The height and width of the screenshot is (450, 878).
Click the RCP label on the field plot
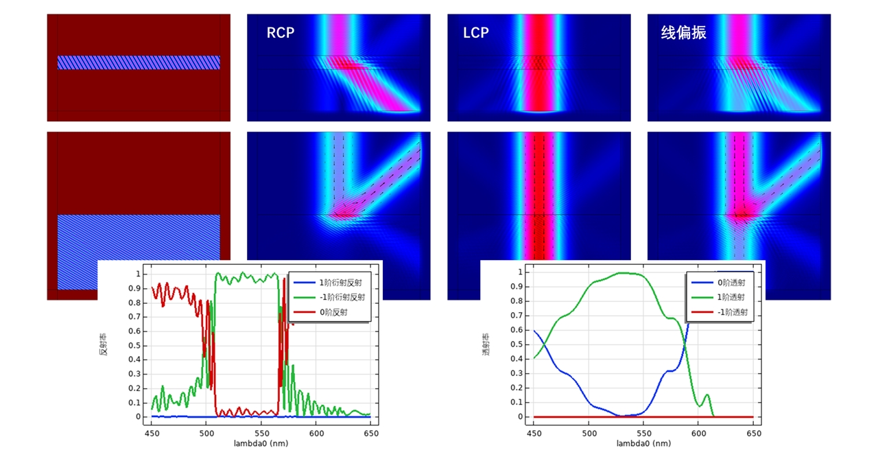(280, 33)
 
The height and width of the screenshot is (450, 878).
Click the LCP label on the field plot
(476, 33)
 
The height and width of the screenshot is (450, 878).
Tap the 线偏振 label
(683, 33)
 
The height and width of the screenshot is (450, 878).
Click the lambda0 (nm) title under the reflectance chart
(261, 443)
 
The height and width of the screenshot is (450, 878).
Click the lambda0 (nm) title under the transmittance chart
(643, 443)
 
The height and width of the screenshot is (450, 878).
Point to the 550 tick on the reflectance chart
(261, 433)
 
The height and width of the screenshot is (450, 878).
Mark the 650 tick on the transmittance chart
(753, 433)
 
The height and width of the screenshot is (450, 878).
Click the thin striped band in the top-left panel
(139, 62)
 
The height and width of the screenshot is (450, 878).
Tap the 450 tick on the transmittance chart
(534, 433)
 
